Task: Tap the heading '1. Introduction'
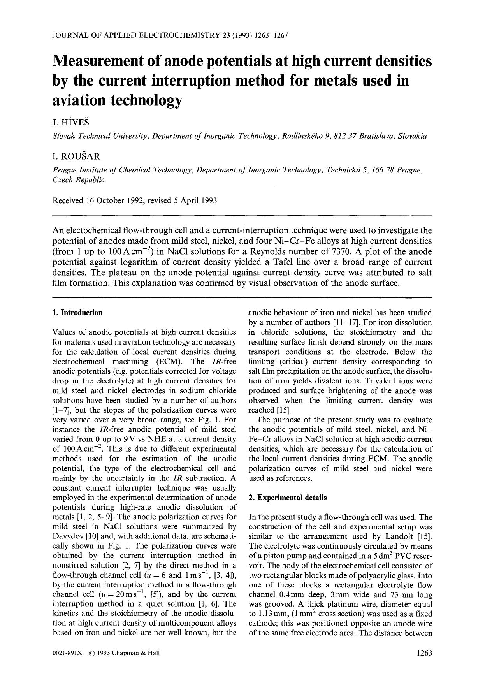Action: coord(77,313)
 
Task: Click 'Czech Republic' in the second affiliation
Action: coord(79,180)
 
